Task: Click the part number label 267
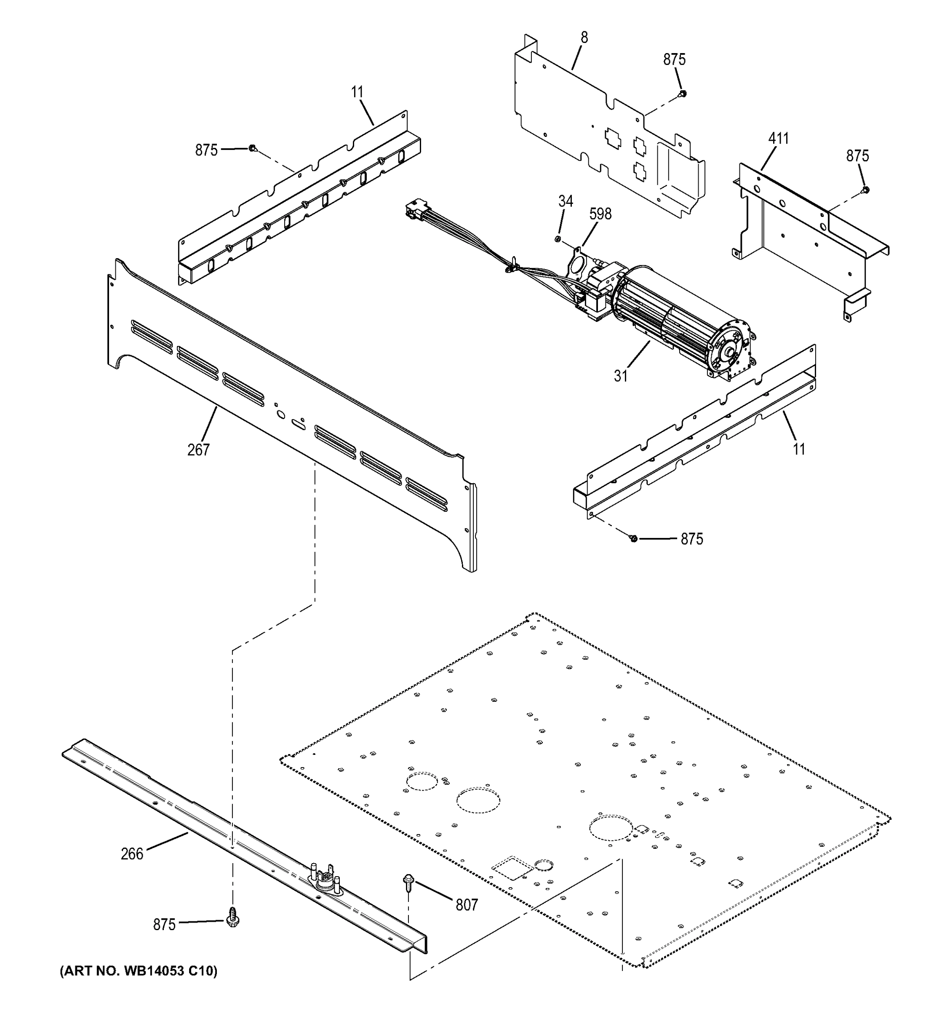point(198,449)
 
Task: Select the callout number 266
point(132,854)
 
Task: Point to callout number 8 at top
point(584,37)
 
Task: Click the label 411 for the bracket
point(778,138)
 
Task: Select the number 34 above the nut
point(565,201)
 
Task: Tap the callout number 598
point(600,214)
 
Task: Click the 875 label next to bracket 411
point(857,155)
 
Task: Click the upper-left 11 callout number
point(358,93)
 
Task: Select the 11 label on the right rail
point(799,449)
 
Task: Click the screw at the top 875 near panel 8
point(683,94)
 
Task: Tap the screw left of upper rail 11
point(253,149)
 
